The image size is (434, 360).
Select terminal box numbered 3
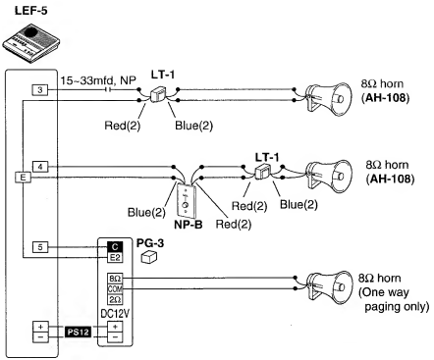coord(39,90)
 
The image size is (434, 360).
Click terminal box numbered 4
coord(39,166)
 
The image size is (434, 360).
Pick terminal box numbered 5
coord(39,245)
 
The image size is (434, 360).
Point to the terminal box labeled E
coord(21,178)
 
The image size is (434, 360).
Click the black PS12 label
coord(79,333)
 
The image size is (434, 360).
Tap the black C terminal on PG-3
coord(114,245)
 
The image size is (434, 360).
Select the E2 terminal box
coord(114,258)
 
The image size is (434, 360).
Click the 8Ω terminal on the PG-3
coord(114,278)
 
